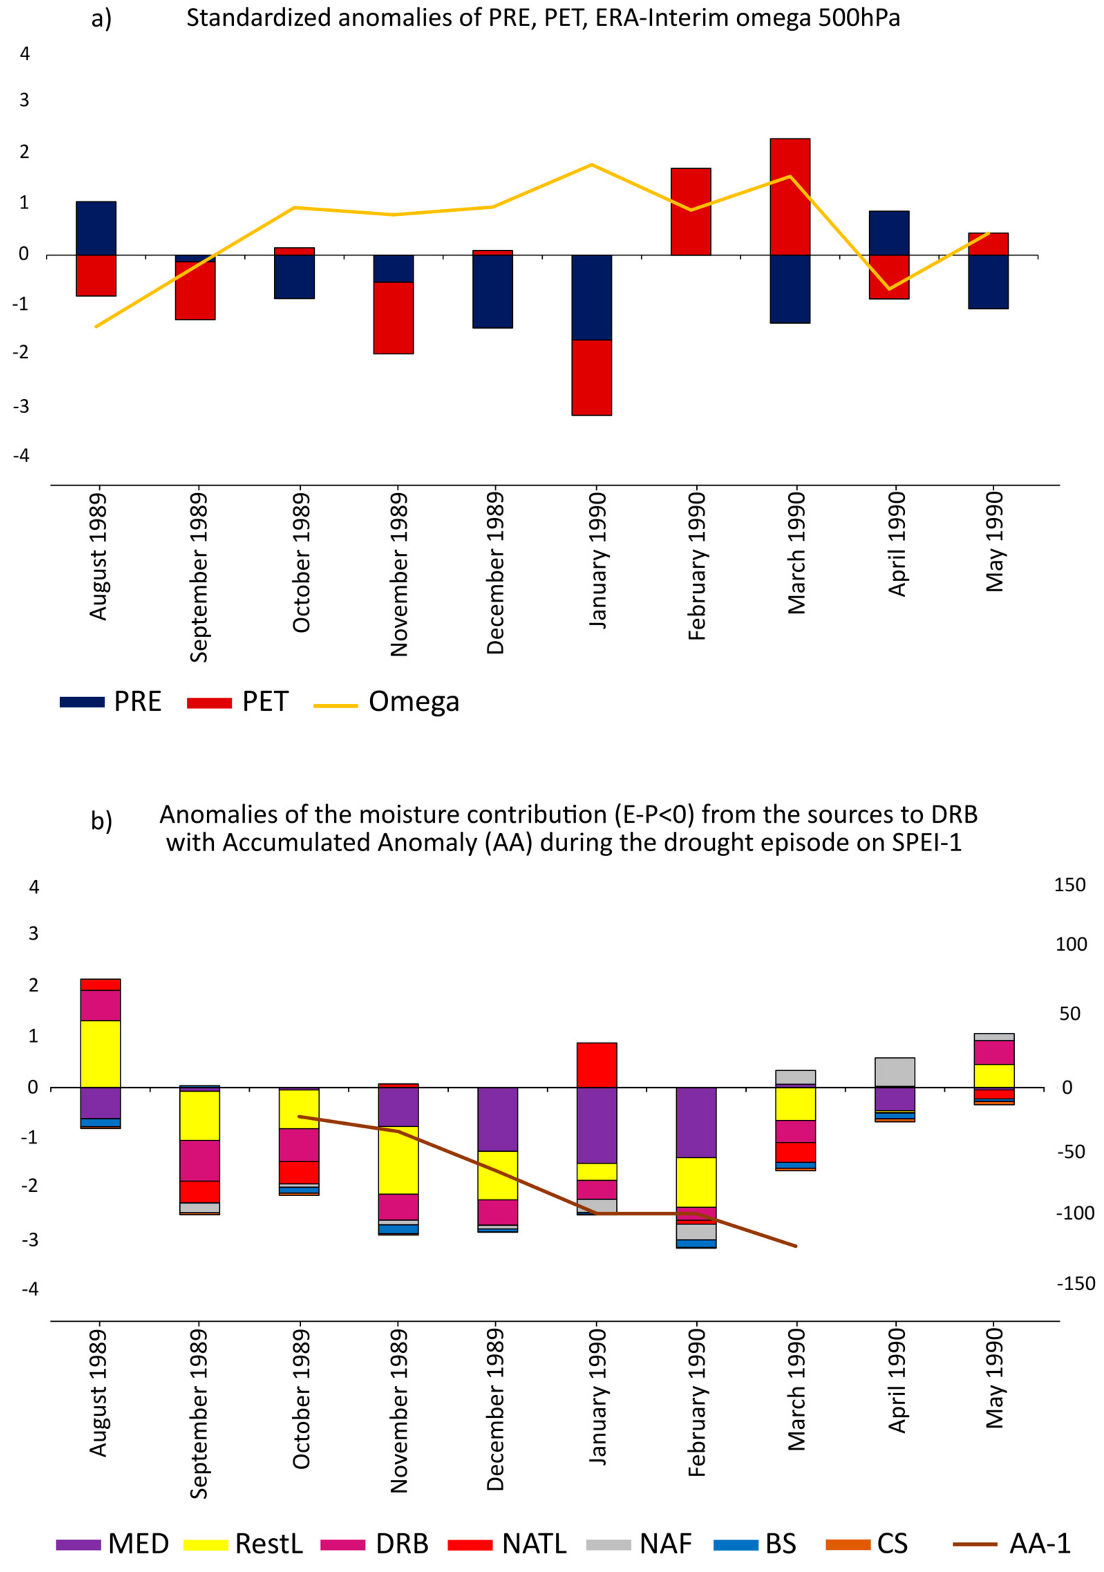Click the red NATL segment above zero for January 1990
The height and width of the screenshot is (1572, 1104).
click(x=597, y=1065)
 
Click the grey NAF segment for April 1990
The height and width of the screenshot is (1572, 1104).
click(x=895, y=1072)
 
